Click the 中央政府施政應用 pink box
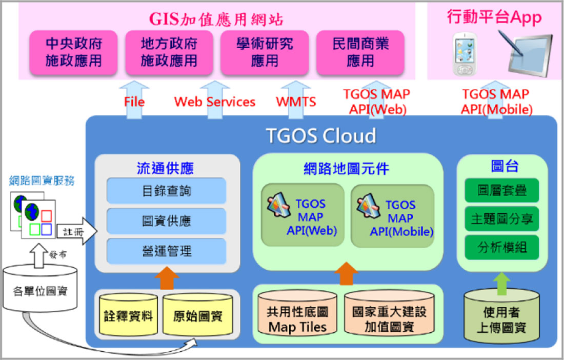tap(73, 52)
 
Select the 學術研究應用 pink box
tap(265, 52)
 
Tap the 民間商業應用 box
tap(360, 52)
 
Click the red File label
tap(134, 102)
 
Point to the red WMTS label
tap(296, 102)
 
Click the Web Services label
tap(215, 102)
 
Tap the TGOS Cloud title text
tap(321, 135)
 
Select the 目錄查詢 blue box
tap(166, 191)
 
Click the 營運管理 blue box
tap(166, 251)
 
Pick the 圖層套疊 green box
tap(502, 190)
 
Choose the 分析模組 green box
tap(502, 247)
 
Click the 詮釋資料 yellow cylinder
tap(128, 314)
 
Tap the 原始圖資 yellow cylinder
tap(197, 314)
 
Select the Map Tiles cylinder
tap(297, 312)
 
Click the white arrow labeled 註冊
tap(76, 231)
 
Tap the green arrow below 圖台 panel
tap(501, 284)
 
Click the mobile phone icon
tap(465, 54)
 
